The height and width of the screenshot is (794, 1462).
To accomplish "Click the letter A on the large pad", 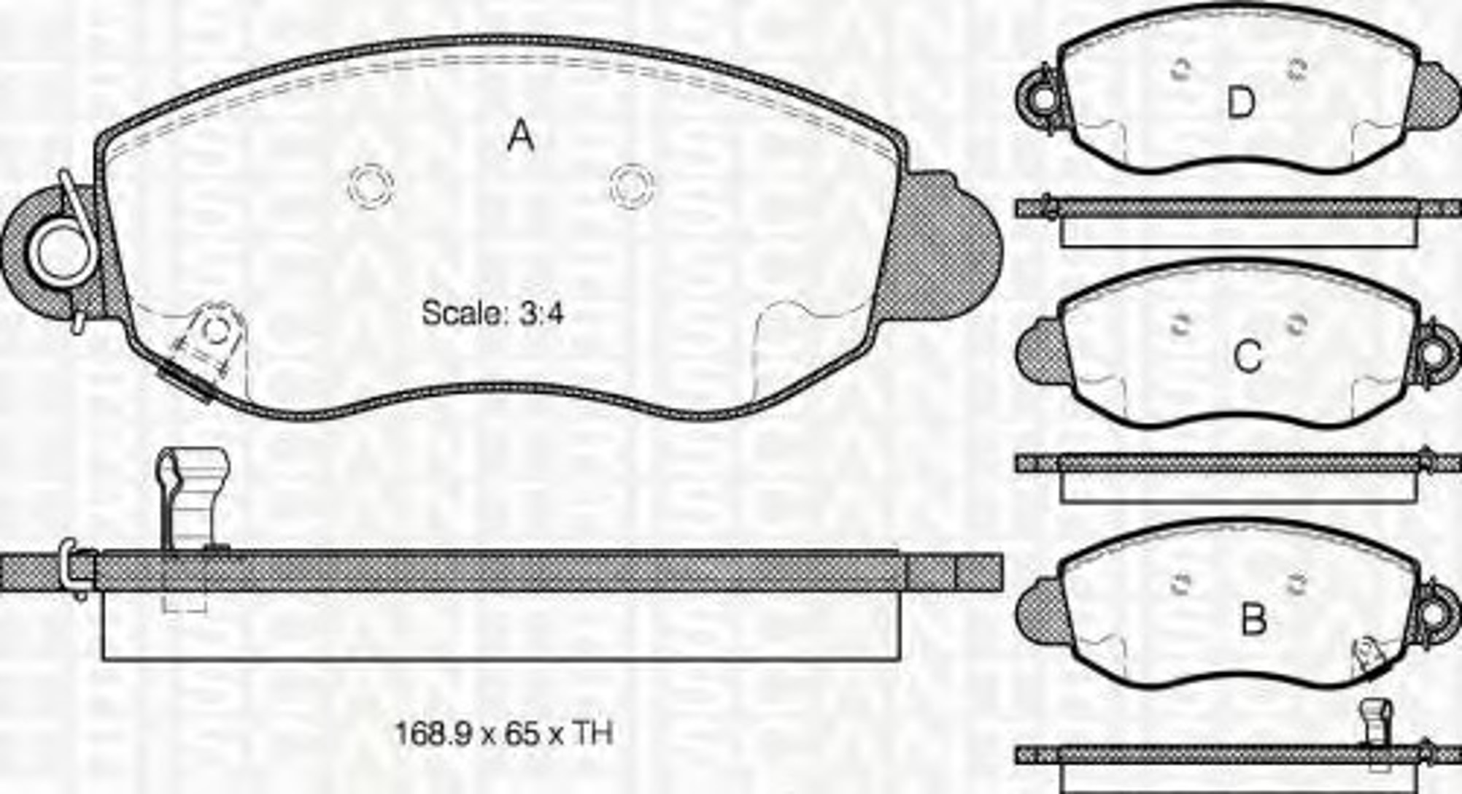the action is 521,136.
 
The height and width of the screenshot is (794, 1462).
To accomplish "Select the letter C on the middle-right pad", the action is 1247,357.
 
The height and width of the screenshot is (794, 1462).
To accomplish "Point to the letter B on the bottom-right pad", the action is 1253,620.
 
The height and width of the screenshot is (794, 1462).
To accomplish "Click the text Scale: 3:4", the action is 492,313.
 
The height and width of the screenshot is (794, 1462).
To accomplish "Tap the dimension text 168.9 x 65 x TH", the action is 503,733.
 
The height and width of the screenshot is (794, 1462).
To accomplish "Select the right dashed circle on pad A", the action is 632,185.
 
